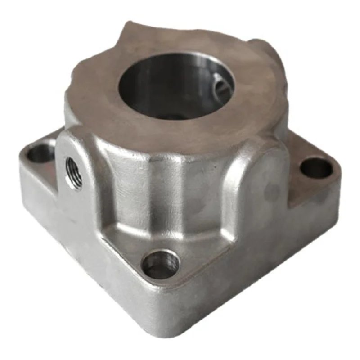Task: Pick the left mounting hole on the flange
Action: coord(40,154)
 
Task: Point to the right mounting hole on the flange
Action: coord(316,168)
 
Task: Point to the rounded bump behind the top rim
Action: coord(265,49)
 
